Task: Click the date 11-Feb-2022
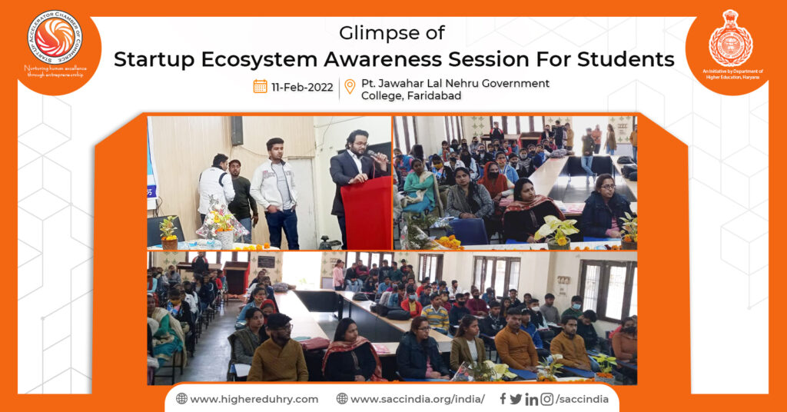click(301, 86)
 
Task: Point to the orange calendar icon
click(260, 86)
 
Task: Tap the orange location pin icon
click(350, 86)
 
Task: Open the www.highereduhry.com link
click(254, 398)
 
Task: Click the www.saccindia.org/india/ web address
click(417, 398)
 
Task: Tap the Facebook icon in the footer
click(503, 398)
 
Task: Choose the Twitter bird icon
click(516, 398)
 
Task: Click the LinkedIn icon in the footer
click(531, 398)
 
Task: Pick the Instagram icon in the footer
click(546, 398)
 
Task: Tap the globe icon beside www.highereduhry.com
click(181, 398)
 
